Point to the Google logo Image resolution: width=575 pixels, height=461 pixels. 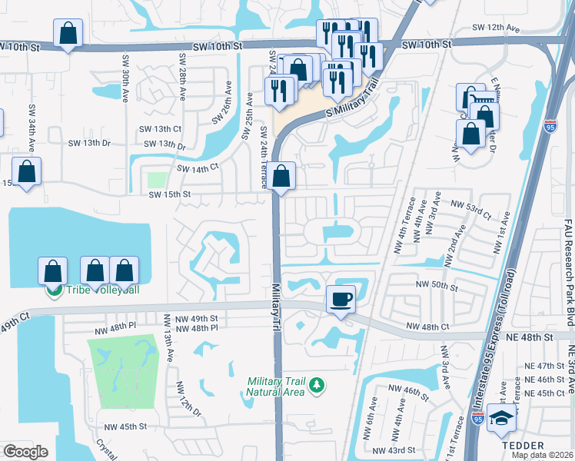coord(25,452)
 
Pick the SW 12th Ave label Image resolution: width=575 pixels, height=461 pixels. coord(496,28)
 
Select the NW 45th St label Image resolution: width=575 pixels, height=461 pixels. coord(127,426)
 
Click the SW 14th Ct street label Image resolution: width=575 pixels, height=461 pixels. coord(198,167)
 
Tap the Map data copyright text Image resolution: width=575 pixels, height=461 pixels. coord(541,455)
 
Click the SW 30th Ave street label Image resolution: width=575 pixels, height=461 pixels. coord(125,76)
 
